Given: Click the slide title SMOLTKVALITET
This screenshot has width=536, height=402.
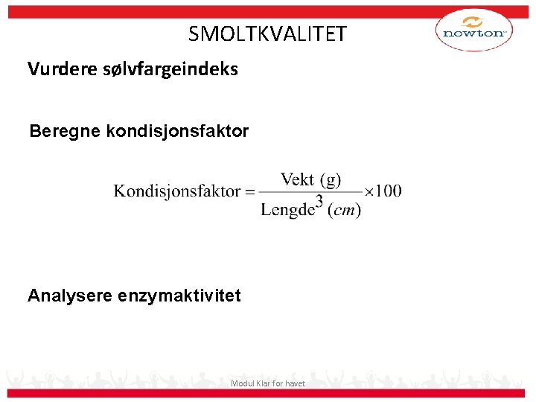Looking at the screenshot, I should (267, 34).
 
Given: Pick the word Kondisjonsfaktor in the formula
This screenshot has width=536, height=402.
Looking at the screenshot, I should (177, 191).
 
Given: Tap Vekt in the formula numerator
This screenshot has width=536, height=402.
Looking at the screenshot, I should (297, 179).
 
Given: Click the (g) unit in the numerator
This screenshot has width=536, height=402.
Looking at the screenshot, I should (330, 180).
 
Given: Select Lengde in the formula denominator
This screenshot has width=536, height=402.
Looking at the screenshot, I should (286, 209).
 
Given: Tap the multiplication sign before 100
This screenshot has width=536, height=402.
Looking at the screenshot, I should (368, 191).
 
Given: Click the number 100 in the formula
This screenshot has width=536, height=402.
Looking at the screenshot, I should (388, 191).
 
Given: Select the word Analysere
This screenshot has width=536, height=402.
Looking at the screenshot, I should (70, 296).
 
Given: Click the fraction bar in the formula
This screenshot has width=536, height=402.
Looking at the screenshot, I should (310, 194).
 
